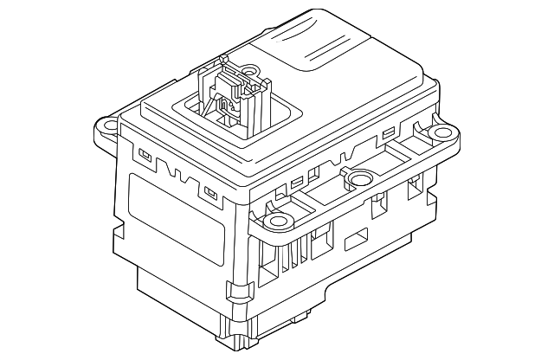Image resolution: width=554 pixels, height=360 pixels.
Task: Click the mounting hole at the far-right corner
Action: (442, 133)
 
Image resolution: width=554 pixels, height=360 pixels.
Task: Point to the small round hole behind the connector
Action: (249, 72)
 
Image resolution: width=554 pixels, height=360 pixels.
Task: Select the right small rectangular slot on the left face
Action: (209, 191)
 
